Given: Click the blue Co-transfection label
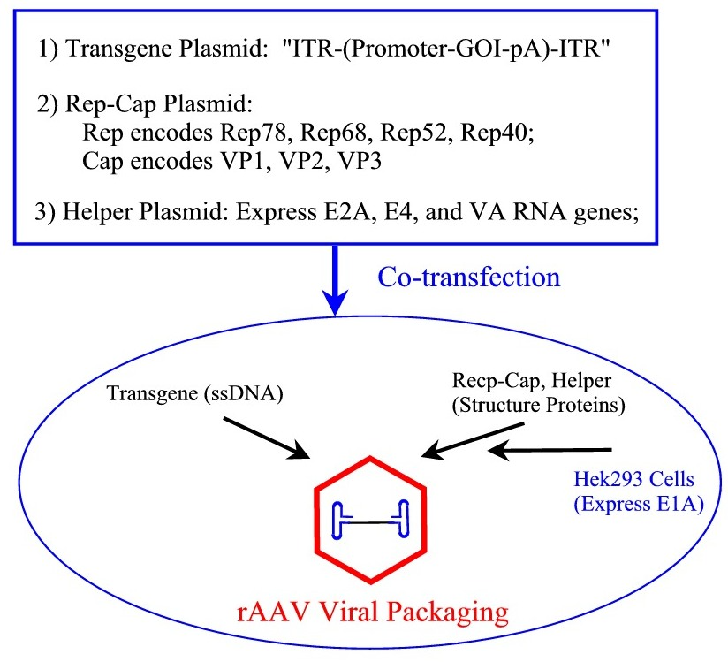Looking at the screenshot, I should pyautogui.click(x=468, y=278).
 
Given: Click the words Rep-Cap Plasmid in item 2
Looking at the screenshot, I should pyautogui.click(x=160, y=104).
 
